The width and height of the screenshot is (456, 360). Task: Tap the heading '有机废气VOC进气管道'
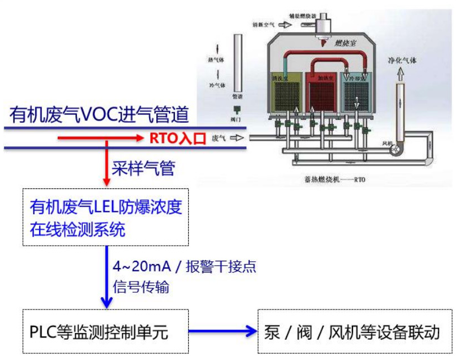pos(99,116)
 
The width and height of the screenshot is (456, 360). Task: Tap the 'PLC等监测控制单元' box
pos(106,331)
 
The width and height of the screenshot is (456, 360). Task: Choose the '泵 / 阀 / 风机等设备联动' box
pos(354,331)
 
